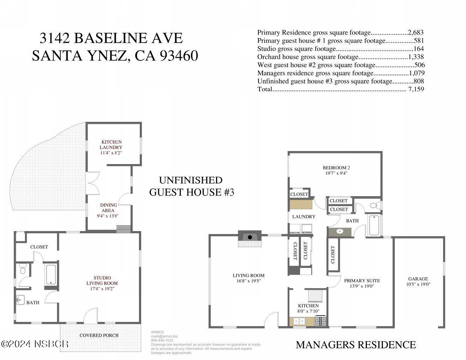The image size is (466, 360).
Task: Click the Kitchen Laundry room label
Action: [x=111, y=145]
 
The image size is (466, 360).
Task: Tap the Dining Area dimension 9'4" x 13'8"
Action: [x=108, y=216]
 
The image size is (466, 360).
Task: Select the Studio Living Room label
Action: [x=102, y=280]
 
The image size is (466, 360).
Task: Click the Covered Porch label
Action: [x=99, y=335]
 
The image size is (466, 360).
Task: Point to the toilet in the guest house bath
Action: [x=23, y=269]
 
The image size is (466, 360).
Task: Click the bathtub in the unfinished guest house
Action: [x=51, y=275]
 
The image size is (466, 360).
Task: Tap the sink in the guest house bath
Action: [x=20, y=300]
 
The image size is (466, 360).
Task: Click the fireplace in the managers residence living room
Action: [x=250, y=238]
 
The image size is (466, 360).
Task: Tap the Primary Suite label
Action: [x=362, y=281]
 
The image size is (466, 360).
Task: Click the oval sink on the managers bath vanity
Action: [x=340, y=232]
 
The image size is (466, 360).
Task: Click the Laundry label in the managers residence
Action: [x=304, y=216]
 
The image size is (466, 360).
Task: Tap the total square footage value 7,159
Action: [x=416, y=89]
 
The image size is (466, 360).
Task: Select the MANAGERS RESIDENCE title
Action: [x=356, y=345]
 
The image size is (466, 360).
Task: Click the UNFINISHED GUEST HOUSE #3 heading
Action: [x=191, y=186]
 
